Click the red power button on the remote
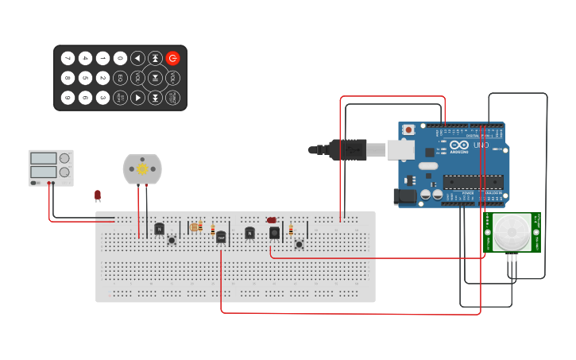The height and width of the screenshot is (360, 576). pos(172,58)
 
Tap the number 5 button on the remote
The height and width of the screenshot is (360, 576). pos(85,78)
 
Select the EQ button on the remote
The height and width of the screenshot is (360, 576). pos(120,78)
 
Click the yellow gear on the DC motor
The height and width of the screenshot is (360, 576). pos(142,168)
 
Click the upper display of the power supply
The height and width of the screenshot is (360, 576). pos(43,159)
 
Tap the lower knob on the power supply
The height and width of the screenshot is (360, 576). pos(64,172)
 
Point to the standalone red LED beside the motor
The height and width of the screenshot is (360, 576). pos(98,195)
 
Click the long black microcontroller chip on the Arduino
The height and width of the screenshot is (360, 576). pos(473,182)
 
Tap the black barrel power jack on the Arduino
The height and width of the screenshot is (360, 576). pos(405,195)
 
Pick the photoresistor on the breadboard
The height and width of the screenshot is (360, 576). pos(195,227)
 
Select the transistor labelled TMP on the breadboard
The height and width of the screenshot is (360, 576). pos(221,236)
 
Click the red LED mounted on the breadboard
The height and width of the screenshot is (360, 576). pos(272,220)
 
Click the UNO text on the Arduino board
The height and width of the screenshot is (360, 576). pos(481,145)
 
